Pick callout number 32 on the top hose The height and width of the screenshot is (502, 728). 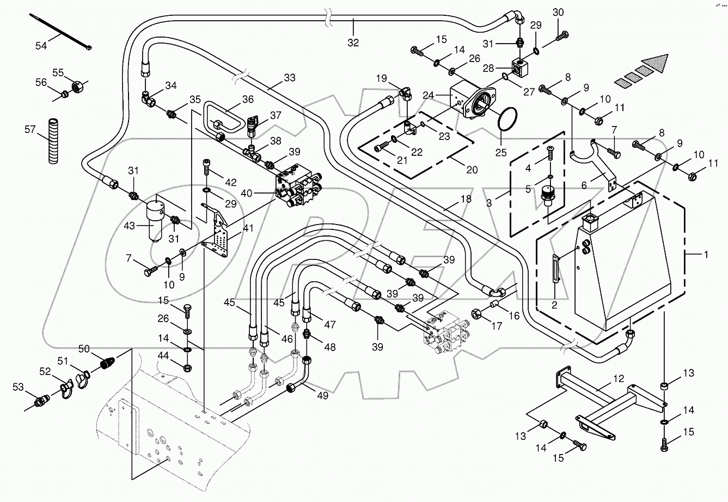click(x=353, y=43)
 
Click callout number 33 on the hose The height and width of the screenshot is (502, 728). click(x=289, y=78)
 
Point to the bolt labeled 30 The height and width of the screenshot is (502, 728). click(x=562, y=37)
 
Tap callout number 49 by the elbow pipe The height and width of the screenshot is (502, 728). click(x=323, y=396)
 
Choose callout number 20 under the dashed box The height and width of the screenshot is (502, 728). click(x=472, y=170)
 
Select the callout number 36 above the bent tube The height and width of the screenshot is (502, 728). click(x=248, y=99)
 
